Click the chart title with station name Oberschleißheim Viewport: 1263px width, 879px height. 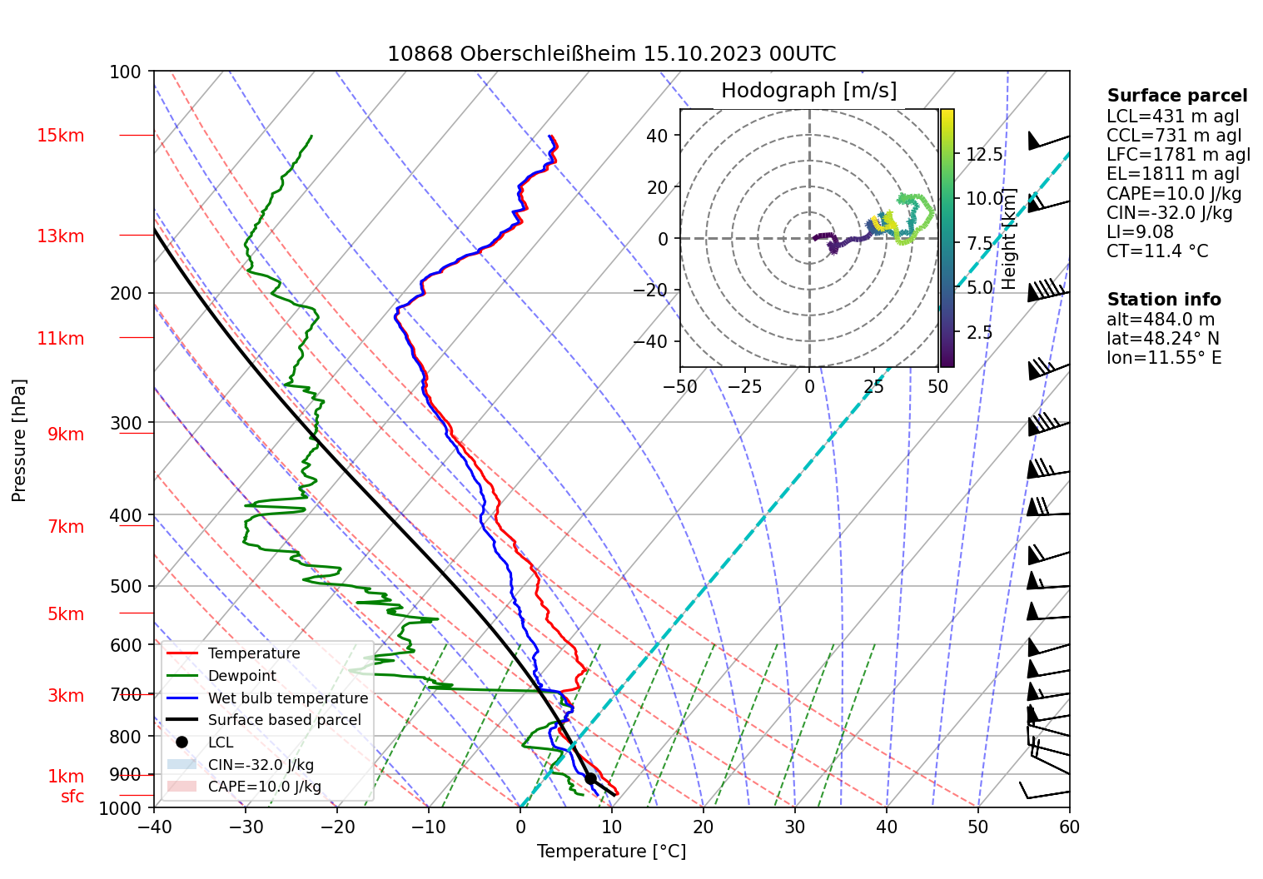tap(611, 54)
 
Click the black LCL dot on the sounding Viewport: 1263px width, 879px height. tap(590, 778)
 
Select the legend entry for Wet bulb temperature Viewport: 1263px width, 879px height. tap(287, 698)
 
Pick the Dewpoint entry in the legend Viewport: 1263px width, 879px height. tap(241, 676)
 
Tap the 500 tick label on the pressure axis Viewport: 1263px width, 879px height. tap(126, 586)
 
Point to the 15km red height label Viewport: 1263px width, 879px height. tap(60, 136)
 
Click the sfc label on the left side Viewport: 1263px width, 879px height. tap(72, 797)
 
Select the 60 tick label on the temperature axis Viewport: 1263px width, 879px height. tap(1069, 827)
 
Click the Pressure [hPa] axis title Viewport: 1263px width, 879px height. tap(19, 440)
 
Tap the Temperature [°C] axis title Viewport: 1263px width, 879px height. tap(611, 851)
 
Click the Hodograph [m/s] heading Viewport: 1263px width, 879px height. tap(808, 91)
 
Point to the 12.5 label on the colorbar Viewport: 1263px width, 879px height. tap(984, 155)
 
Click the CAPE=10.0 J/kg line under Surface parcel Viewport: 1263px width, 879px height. tap(1173, 194)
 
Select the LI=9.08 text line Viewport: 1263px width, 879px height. tap(1140, 232)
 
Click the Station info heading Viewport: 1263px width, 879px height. tap(1163, 300)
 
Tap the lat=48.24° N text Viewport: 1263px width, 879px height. tap(1162, 339)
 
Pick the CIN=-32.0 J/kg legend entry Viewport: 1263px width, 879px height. tap(261, 765)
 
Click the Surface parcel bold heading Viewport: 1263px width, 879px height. tap(1176, 96)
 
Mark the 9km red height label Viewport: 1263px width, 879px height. tap(66, 435)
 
